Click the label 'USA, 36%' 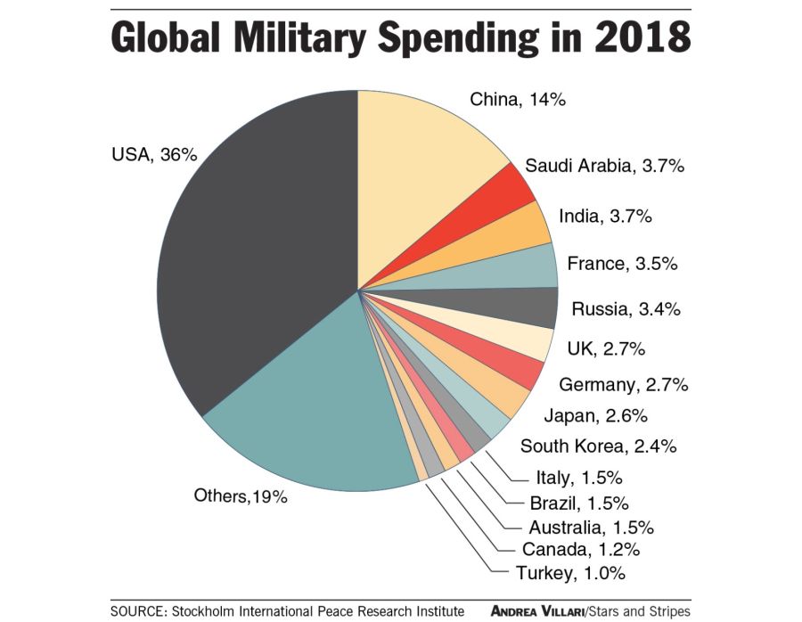[x=154, y=154]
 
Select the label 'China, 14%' [x=518, y=99]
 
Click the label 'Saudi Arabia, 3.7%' [x=604, y=167]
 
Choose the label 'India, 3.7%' [x=605, y=215]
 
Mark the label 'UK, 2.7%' [x=605, y=348]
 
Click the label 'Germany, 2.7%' [x=623, y=385]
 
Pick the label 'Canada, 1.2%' [x=569, y=549]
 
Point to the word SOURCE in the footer [x=140, y=611]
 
